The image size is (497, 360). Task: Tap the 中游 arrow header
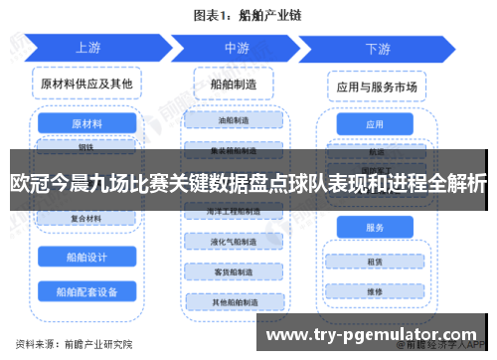point(236,47)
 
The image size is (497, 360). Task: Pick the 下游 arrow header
point(378,47)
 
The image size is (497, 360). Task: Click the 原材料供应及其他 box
point(87,84)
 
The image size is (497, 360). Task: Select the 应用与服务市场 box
point(375,86)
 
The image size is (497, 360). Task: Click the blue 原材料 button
point(87,123)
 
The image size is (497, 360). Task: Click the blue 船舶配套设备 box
point(87,291)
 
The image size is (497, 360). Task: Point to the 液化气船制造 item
point(236,242)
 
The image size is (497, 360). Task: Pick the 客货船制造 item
point(236,271)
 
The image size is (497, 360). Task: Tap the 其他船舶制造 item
point(236,301)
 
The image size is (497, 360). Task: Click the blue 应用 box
point(375,125)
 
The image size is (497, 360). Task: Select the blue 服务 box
point(375,228)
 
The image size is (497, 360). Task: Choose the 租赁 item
point(375,263)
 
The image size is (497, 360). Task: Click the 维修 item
point(375,291)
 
